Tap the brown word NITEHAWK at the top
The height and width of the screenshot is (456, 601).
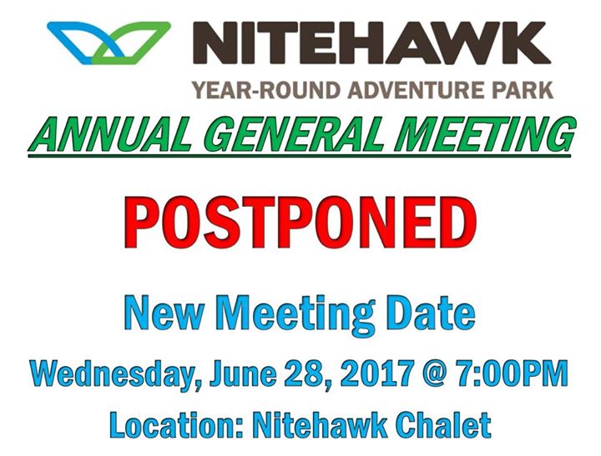coord(371,43)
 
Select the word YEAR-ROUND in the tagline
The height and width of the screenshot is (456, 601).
coord(266,90)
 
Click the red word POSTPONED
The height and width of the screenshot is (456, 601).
coord(300,223)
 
